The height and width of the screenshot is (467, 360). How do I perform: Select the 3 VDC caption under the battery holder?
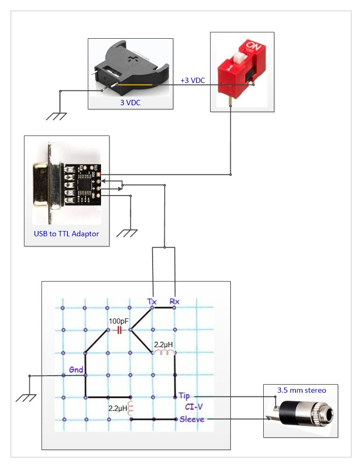[x=130, y=103]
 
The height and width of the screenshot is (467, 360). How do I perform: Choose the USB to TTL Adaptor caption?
[x=67, y=233]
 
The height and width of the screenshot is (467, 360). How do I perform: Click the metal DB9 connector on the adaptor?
[x=45, y=184]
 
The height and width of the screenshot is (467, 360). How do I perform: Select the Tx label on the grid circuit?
[x=152, y=301]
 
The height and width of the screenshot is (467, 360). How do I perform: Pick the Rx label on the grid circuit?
[x=174, y=301]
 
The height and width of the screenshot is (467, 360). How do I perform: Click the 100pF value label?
[x=119, y=321]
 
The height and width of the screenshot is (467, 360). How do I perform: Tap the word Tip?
[x=184, y=396]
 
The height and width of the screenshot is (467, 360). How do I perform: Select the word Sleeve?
[x=191, y=419]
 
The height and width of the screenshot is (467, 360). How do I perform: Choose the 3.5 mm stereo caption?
[x=302, y=390]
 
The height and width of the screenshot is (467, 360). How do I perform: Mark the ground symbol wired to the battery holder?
[x=57, y=115]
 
